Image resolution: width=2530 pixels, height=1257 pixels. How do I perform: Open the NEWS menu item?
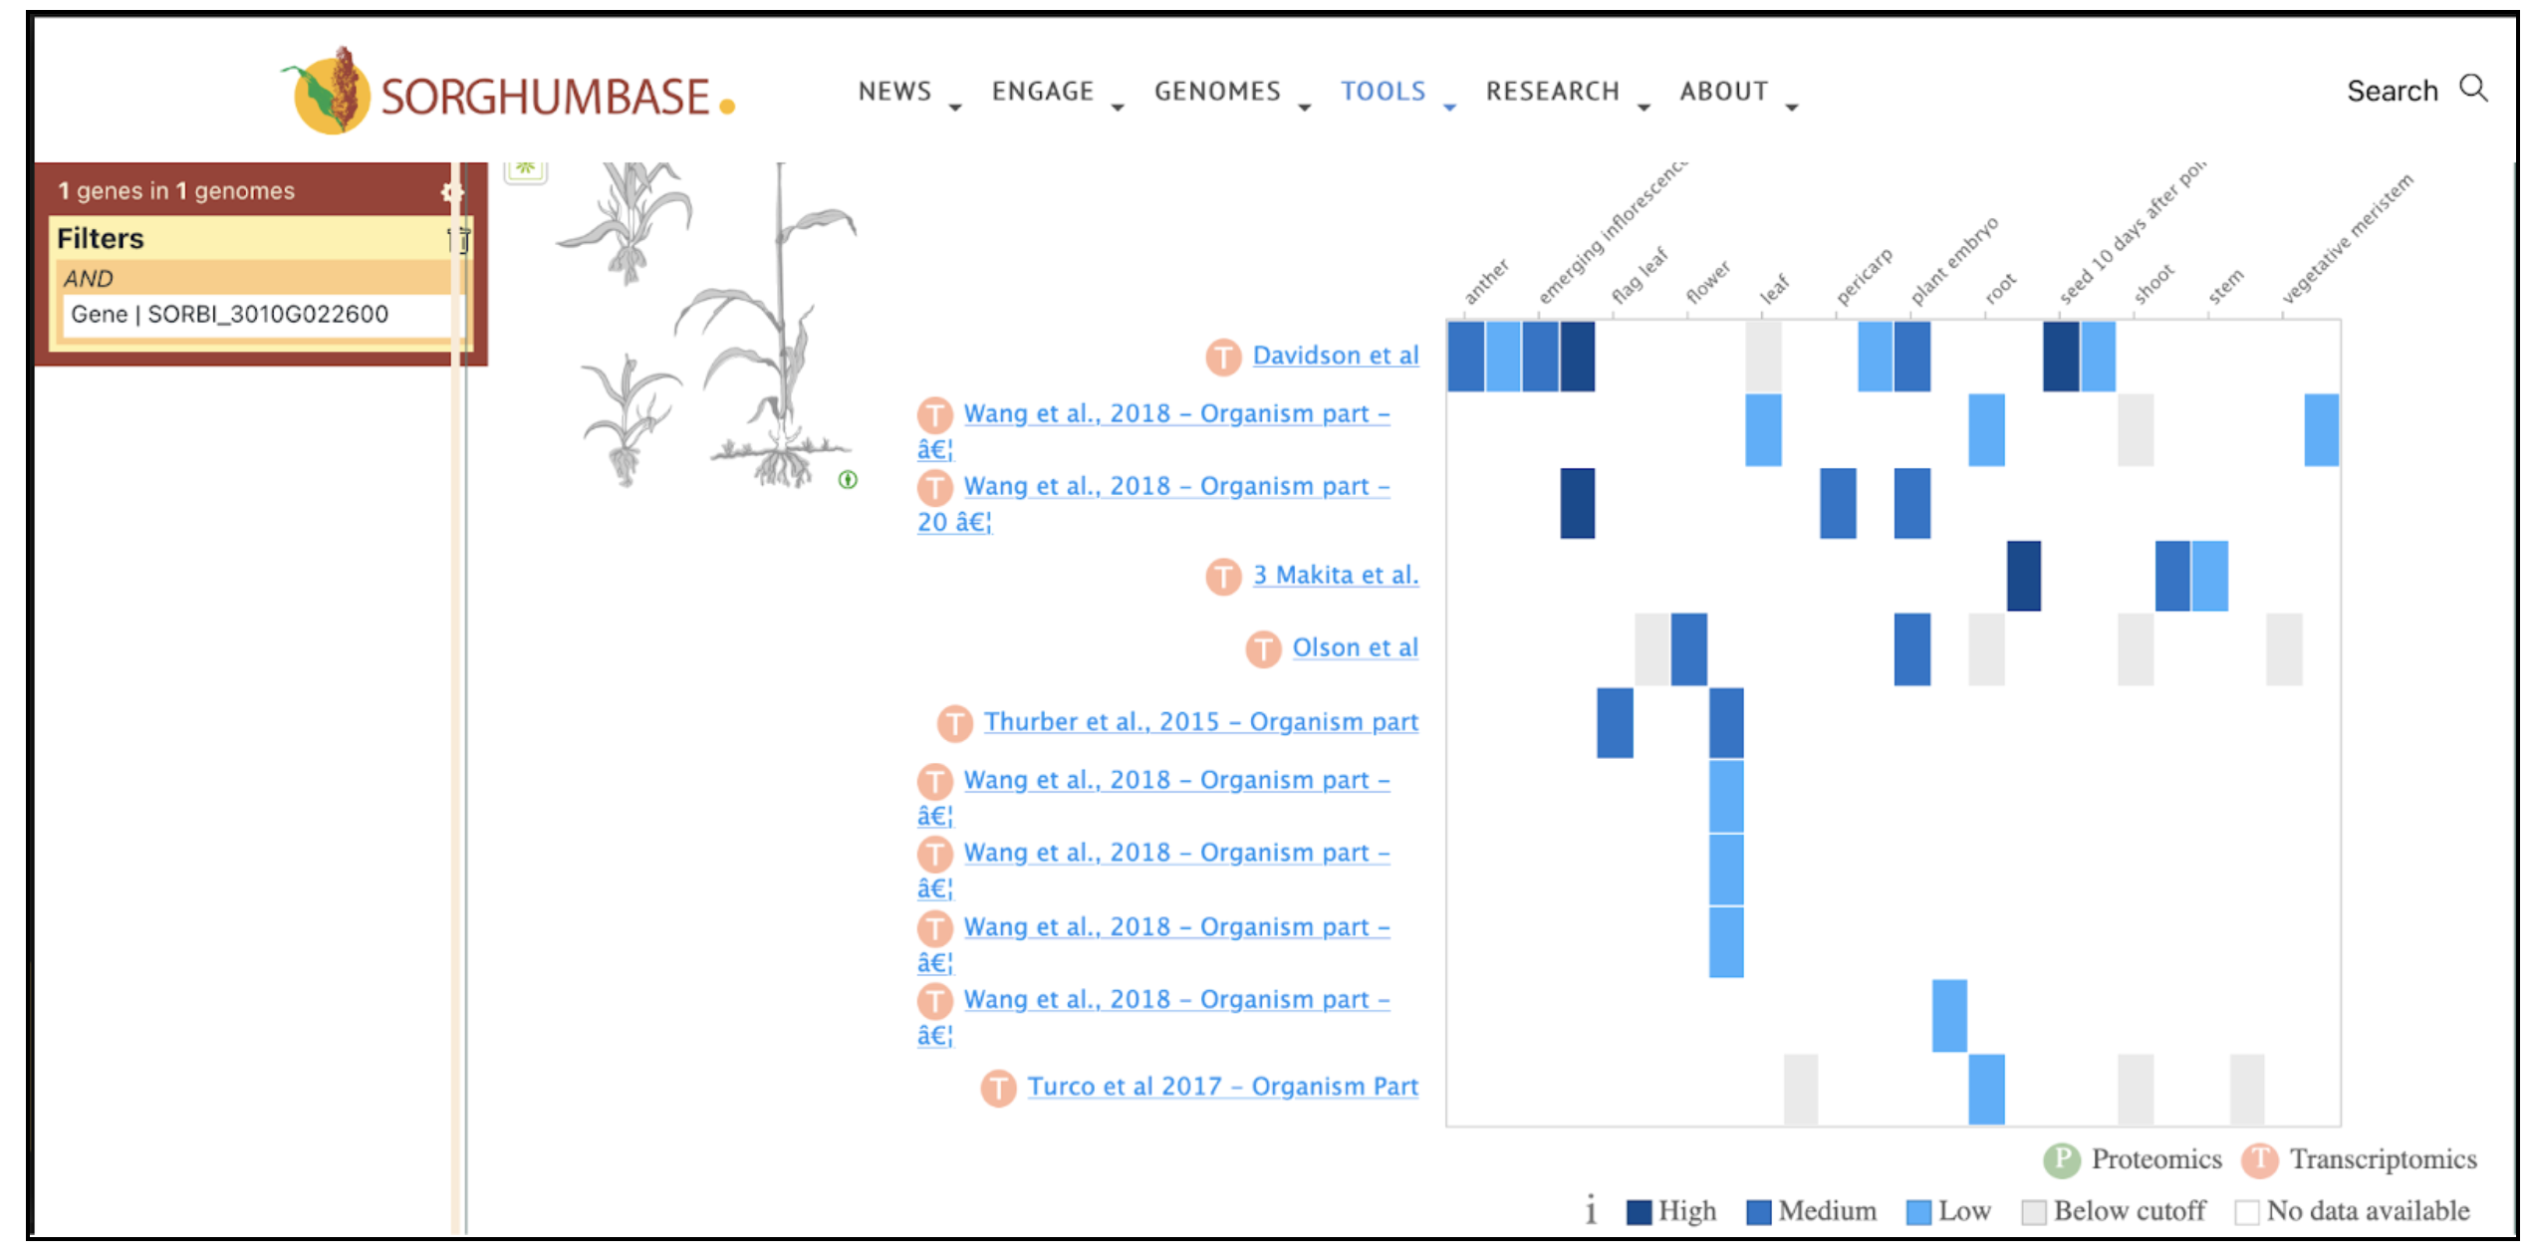point(894,92)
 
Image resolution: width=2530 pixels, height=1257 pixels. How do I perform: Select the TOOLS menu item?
point(1383,92)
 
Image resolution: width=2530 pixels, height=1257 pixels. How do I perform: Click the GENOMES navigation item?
point(1217,92)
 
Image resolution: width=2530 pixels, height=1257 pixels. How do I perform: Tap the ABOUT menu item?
point(1724,92)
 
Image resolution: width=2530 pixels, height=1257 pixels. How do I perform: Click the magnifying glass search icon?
point(2473,89)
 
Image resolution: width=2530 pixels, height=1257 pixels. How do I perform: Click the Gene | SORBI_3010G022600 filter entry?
point(230,315)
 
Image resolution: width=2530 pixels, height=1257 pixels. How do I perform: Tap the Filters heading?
point(101,239)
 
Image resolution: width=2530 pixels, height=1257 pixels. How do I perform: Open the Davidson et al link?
point(1335,356)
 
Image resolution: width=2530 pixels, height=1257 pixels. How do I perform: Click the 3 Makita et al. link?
point(1335,575)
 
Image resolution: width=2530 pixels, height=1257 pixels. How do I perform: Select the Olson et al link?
point(1355,647)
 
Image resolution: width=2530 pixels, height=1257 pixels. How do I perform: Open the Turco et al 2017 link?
point(1222,1087)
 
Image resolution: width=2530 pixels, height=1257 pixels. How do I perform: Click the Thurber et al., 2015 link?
point(1200,722)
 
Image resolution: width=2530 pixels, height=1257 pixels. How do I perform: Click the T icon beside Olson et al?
point(1263,649)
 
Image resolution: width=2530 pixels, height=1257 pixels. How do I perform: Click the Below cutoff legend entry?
point(2114,1211)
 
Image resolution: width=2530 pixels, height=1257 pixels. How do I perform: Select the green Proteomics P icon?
point(2061,1159)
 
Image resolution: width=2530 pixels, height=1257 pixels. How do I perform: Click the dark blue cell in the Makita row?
point(2023,576)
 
